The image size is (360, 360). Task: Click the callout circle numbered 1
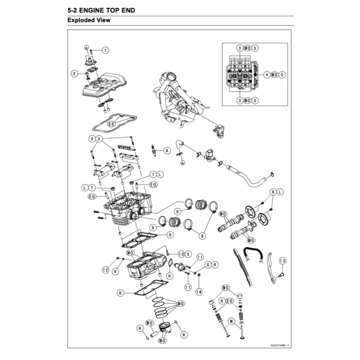105,50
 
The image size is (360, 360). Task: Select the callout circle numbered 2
74,74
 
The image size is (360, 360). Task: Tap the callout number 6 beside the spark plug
167,150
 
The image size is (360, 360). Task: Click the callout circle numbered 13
282,261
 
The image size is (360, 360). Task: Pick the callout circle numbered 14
199,291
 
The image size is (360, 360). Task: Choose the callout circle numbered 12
105,270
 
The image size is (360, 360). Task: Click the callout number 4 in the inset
267,75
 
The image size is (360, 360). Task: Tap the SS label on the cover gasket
111,124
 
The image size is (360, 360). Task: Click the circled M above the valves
231,321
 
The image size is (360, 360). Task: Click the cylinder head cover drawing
100,86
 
